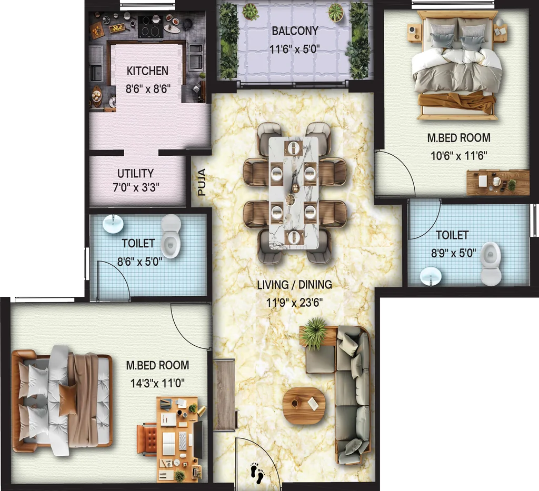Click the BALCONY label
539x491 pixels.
coord(295,31)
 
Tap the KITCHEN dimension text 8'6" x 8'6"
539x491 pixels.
coord(148,89)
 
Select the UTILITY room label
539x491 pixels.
coord(135,174)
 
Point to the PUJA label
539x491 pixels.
coord(202,182)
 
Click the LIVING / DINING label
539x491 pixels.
coord(295,285)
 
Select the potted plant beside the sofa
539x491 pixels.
coord(315,333)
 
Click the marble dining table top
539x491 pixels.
coord(294,193)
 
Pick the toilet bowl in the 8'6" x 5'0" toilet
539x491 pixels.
coord(171,236)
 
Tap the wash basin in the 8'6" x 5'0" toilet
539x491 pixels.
coord(113,224)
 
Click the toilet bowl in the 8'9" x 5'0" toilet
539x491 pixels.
coord(491,264)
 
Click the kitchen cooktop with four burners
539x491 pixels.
coord(150,26)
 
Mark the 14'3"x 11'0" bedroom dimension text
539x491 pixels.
coord(157,383)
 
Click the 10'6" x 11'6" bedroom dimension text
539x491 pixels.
coord(459,156)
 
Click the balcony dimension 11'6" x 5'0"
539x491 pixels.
coord(295,49)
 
